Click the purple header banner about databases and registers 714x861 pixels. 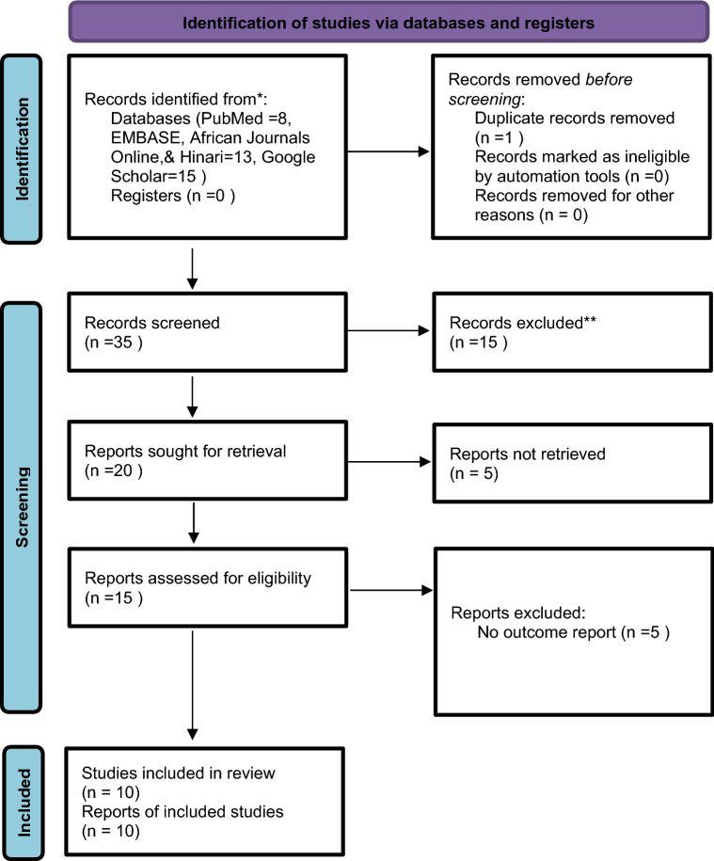click(x=389, y=23)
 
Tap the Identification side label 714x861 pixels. click(x=22, y=149)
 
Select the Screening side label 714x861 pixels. click(x=22, y=507)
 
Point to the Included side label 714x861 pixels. click(x=24, y=803)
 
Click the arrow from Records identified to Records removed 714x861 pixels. click(x=388, y=151)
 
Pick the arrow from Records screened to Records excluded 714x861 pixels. click(x=388, y=330)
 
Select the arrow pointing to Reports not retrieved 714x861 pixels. click(x=389, y=462)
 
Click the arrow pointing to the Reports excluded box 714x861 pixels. click(x=390, y=590)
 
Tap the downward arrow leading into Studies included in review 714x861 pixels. click(x=193, y=685)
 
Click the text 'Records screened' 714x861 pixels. click(x=152, y=323)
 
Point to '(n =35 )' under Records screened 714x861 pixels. click(x=114, y=343)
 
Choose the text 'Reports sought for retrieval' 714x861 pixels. click(x=185, y=452)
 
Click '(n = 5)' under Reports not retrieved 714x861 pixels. click(x=474, y=473)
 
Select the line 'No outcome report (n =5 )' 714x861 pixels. click(x=574, y=632)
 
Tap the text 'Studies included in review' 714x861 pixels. click(x=179, y=773)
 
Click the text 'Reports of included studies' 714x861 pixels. click(x=182, y=811)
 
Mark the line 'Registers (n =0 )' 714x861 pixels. click(x=173, y=196)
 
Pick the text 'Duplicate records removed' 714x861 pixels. click(x=575, y=118)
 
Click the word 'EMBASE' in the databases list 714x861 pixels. click(x=146, y=137)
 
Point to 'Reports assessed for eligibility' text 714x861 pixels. click(x=198, y=578)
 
